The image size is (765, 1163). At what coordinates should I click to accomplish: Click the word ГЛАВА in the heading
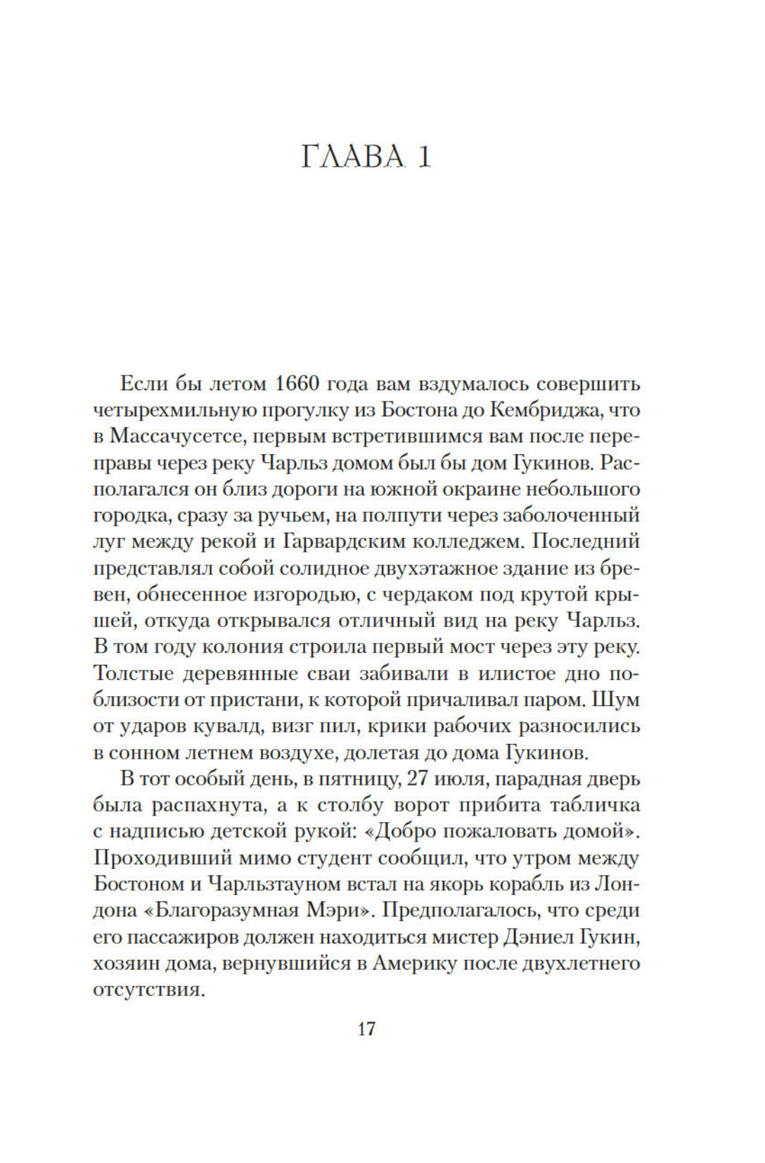[353, 157]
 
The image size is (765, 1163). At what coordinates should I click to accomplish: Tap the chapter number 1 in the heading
[423, 157]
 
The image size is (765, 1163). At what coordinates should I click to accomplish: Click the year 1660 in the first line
[297, 384]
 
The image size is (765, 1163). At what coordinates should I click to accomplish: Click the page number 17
[366, 1029]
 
